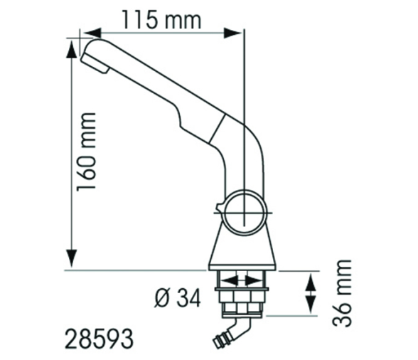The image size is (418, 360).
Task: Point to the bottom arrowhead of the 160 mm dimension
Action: coord(71,263)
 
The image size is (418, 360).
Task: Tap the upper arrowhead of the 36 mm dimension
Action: coord(311,277)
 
